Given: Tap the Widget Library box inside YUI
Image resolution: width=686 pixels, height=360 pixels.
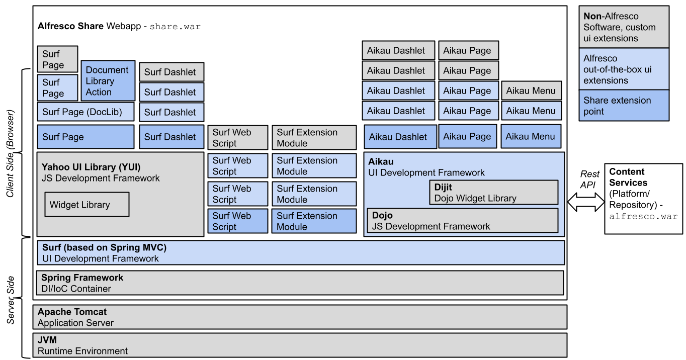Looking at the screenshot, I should point(87,205).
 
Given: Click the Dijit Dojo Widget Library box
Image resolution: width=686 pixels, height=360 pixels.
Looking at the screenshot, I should point(495,193).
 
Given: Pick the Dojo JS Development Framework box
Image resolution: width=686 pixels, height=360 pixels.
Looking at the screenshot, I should point(462,221).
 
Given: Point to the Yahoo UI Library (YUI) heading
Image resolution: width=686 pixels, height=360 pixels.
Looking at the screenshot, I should point(91,167).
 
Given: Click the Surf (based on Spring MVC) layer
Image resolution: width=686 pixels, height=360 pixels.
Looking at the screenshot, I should point(300,253).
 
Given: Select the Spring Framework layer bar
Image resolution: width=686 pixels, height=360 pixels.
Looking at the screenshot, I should point(300,283).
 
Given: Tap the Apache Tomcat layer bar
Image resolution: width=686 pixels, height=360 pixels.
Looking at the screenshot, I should point(300,317).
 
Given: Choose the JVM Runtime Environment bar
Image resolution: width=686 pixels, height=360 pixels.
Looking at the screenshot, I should point(300,345).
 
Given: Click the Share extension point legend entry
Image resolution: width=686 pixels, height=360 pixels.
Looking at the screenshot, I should point(624,106).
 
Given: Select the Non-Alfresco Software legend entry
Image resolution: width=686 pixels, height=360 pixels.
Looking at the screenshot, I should point(624,27).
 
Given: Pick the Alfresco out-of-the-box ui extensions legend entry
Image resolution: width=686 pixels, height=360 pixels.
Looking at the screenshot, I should point(624,69).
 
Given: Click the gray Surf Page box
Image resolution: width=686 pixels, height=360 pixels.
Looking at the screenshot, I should point(57,59).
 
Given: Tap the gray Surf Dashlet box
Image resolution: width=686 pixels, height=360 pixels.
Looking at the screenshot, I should point(171,72).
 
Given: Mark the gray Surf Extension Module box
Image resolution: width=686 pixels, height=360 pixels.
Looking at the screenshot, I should point(314,138).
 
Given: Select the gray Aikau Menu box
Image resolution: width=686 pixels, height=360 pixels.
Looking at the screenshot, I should point(531,91).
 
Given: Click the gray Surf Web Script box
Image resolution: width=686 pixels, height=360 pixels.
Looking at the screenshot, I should point(237,138).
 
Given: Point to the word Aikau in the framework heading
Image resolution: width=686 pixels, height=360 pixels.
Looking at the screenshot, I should point(381,161).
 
